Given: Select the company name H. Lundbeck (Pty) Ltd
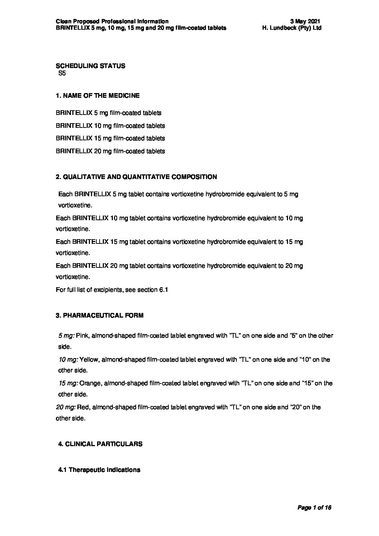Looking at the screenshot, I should click(292, 28).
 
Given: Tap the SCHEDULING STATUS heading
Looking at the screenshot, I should click(91, 66).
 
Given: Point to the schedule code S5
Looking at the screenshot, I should click(62, 74).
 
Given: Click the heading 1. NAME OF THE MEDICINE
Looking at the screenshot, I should click(98, 96).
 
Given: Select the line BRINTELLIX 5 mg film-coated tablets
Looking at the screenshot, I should click(109, 113).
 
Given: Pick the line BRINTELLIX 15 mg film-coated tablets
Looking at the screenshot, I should click(110, 138).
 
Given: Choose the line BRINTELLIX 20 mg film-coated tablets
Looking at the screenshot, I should click(110, 151).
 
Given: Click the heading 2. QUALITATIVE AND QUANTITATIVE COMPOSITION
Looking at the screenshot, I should click(136, 177).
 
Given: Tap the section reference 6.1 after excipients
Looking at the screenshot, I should click(164, 290).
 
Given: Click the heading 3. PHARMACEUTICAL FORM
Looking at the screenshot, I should click(100, 315).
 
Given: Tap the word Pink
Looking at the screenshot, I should click(82, 336).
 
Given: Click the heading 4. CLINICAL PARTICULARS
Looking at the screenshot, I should click(100, 444).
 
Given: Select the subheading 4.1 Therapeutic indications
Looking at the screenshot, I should click(99, 470).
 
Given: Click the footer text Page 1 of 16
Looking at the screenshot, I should click(314, 507).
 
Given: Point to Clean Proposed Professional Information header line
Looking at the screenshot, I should click(112, 21).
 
